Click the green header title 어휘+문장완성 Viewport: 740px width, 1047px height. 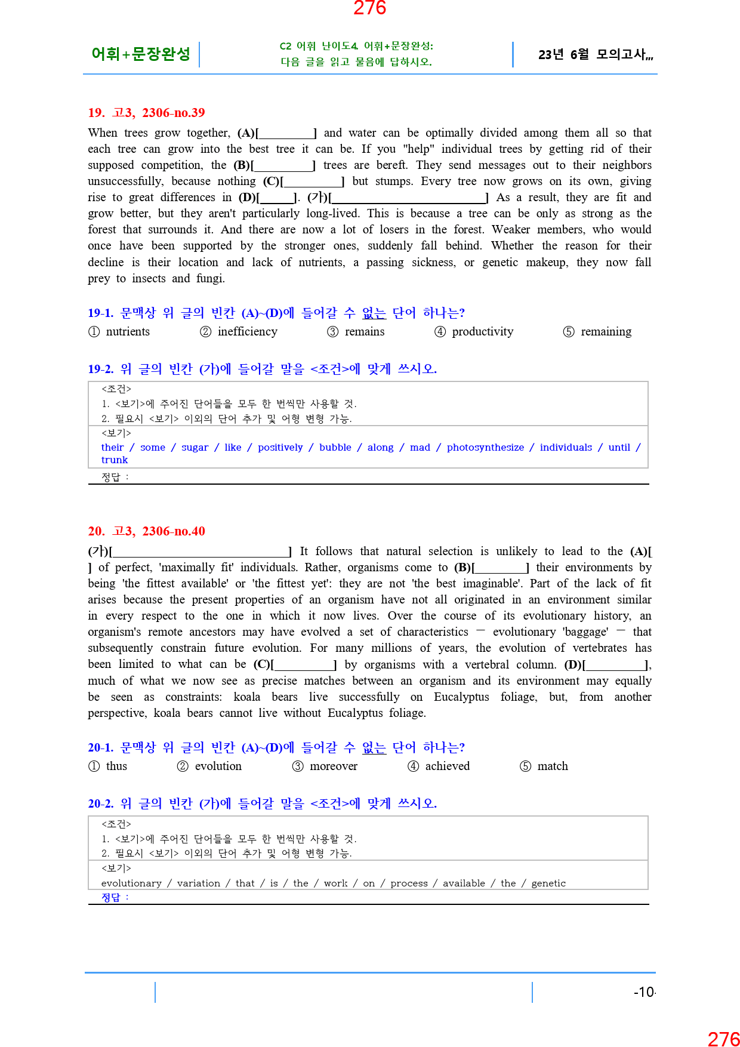coord(141,54)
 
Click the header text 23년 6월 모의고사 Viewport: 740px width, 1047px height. coord(595,55)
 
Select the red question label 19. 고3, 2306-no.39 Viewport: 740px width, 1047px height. coord(146,113)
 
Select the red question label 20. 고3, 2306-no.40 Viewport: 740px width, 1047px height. coord(146,531)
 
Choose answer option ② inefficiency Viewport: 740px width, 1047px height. coord(239,332)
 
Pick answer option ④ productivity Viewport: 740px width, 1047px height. coord(474,332)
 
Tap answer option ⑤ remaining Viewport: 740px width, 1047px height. coord(597,332)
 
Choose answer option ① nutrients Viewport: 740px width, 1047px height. coord(119,332)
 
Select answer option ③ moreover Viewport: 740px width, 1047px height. coord(325,766)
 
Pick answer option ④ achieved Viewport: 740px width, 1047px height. coord(439,766)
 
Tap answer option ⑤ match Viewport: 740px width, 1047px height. coord(544,766)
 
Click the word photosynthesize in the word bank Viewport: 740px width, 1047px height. coord(485,448)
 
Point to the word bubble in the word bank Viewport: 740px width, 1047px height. coord(335,448)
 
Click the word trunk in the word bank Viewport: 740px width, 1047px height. coord(115,460)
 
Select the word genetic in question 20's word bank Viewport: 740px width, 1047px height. coord(548,883)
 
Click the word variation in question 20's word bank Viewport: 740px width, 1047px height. coord(198,883)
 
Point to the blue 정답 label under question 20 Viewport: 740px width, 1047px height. coord(112,898)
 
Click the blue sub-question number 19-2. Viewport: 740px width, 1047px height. coord(100,369)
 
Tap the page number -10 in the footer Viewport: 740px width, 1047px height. coord(644,992)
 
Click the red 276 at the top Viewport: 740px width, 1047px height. coord(369,8)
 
